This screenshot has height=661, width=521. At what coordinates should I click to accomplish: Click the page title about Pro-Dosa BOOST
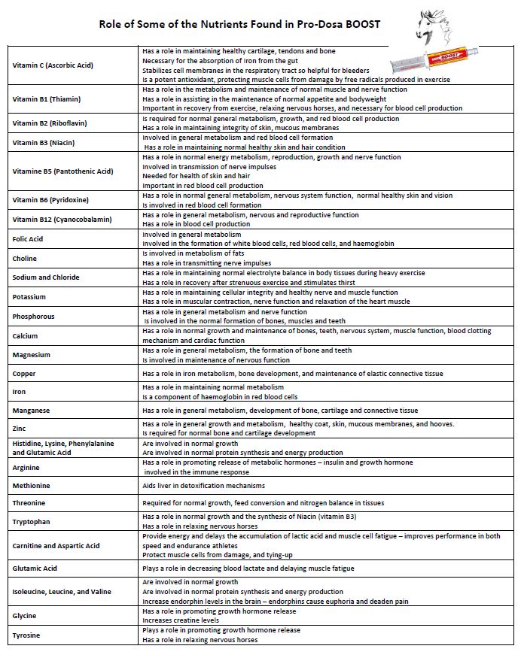click(x=239, y=24)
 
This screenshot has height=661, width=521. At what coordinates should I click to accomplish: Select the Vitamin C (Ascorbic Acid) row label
click(x=53, y=65)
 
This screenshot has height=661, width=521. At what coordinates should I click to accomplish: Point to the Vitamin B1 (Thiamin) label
click(x=47, y=99)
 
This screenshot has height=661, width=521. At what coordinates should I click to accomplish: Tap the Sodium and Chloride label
click(x=46, y=277)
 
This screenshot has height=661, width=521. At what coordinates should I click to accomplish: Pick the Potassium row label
click(x=29, y=297)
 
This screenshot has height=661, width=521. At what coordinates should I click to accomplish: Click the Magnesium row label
click(x=32, y=355)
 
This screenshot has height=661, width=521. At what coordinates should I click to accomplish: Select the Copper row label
click(x=24, y=374)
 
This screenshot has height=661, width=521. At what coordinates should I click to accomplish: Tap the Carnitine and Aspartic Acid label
click(x=56, y=546)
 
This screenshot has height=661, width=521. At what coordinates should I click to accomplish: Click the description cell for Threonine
click(x=264, y=503)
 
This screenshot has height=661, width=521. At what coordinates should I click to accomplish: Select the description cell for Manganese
click(x=280, y=411)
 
